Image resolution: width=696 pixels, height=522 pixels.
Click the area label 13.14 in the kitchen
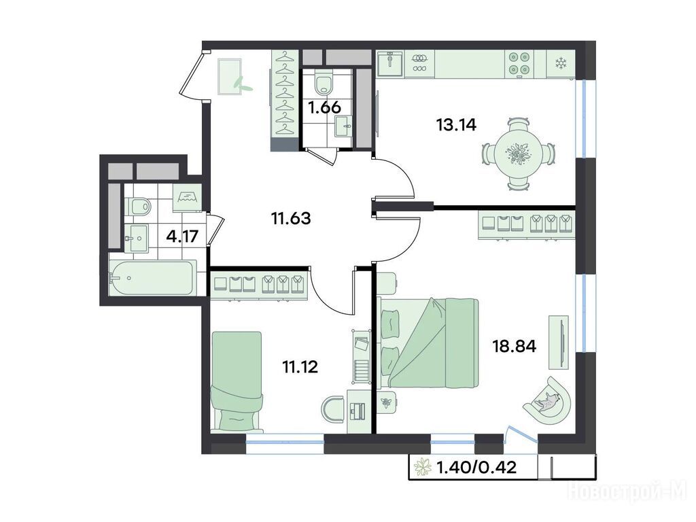point(456,125)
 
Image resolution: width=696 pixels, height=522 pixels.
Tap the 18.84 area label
point(515,346)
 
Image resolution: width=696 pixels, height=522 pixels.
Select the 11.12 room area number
point(300,367)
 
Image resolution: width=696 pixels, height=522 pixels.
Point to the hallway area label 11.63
point(291,218)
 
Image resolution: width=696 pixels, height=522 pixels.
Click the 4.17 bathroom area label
point(182,236)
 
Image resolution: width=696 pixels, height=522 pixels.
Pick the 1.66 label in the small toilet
point(324,107)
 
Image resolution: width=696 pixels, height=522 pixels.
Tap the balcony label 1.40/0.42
point(476,467)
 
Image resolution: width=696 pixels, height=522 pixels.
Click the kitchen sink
point(390,64)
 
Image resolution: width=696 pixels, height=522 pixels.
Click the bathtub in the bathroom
point(152,278)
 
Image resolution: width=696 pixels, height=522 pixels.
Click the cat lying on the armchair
point(547,402)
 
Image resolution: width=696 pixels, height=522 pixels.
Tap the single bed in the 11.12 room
point(237,381)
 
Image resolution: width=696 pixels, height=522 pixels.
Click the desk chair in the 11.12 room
point(333,410)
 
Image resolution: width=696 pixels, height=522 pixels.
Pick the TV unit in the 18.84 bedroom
point(559,343)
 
